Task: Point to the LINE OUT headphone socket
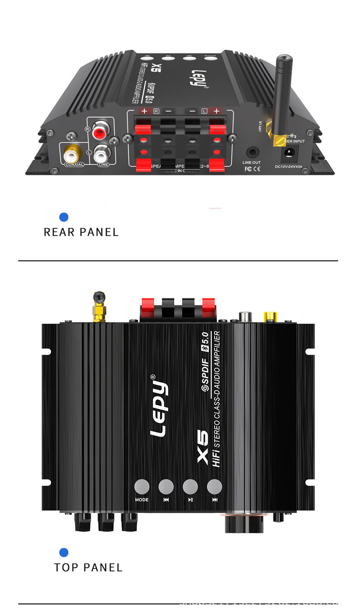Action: [251, 152]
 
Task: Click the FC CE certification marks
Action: [252, 169]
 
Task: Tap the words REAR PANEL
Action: [81, 232]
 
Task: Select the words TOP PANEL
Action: [88, 568]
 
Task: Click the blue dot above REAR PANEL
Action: [64, 217]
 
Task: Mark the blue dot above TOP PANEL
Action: [64, 553]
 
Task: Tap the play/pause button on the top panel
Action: [190, 486]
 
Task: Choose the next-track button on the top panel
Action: [214, 486]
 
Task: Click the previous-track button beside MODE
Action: [166, 486]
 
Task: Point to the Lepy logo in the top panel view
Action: [159, 406]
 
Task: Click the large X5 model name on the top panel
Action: [202, 447]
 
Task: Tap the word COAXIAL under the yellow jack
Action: [74, 164]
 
